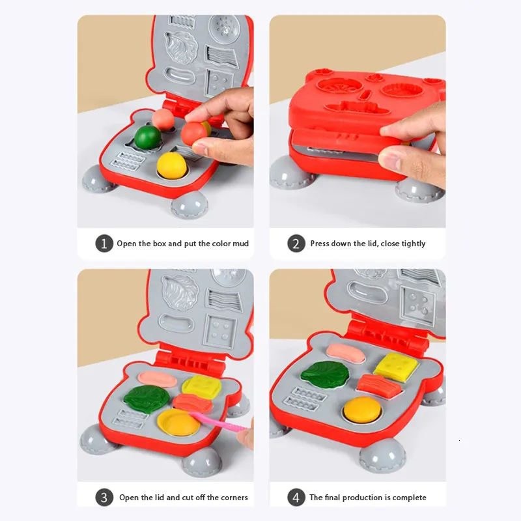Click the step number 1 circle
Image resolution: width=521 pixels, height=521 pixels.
[104, 244]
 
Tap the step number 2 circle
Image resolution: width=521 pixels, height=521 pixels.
[296, 244]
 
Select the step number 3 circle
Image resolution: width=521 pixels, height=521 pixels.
[104, 498]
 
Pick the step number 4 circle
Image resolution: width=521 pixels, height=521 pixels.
[296, 498]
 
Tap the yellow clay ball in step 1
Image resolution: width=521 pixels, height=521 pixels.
[172, 165]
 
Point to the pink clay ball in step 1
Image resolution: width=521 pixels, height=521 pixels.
[163, 119]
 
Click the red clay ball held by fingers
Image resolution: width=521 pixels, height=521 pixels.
[194, 134]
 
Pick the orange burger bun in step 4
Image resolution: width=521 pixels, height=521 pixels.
[362, 410]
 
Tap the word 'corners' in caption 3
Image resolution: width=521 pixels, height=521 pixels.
[232, 498]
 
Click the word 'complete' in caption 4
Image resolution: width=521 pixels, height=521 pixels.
[409, 498]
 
